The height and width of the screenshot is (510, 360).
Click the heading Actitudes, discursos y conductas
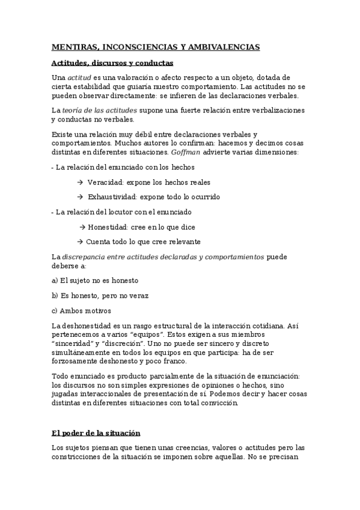pyautogui.click(x=112, y=62)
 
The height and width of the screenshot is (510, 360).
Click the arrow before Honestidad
pyautogui.click(x=82, y=227)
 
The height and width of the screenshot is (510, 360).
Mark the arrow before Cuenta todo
pyautogui.click(x=81, y=242)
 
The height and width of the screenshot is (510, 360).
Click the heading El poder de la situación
pyautogui.click(x=95, y=433)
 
